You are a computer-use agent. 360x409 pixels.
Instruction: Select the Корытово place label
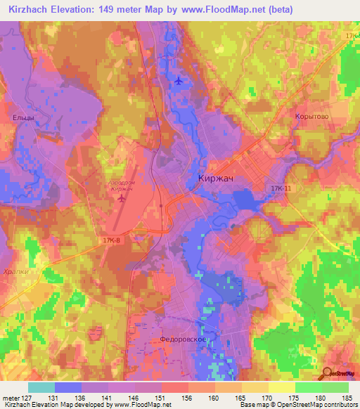click(312, 117)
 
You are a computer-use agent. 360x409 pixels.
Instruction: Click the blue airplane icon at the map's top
click(179, 81)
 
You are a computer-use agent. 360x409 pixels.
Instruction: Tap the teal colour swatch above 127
click(41, 387)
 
